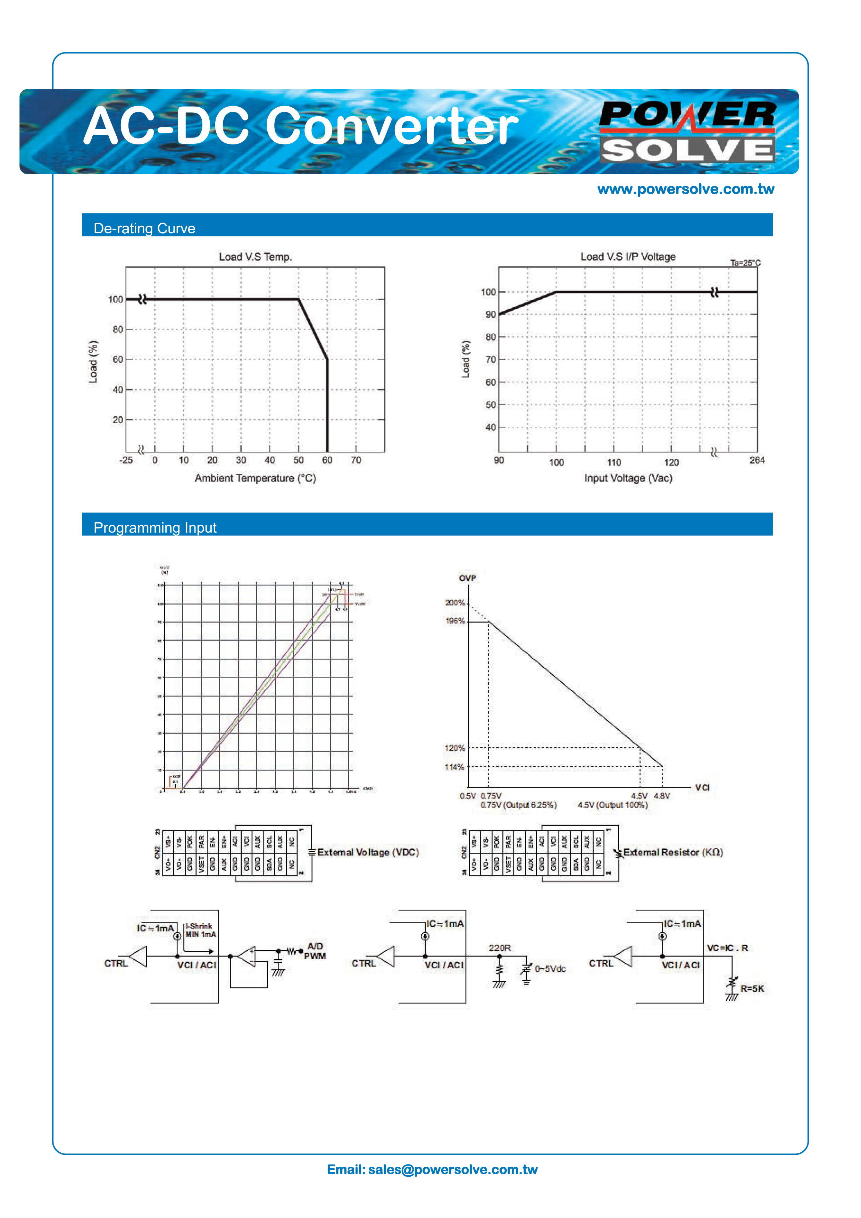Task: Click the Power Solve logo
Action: pos(687,132)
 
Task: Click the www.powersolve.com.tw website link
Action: pos(685,189)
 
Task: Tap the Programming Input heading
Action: pos(155,527)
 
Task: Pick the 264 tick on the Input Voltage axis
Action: pos(757,460)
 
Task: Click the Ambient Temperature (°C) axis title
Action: pos(255,478)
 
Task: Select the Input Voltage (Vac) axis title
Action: pos(628,478)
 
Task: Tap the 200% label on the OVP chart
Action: pos(455,603)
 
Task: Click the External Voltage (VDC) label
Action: pos(368,852)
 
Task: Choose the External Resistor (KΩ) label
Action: pos(673,852)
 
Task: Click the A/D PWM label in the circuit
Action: pos(315,951)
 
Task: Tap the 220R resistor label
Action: pos(499,948)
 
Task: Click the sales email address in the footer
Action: pos(432,1170)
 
